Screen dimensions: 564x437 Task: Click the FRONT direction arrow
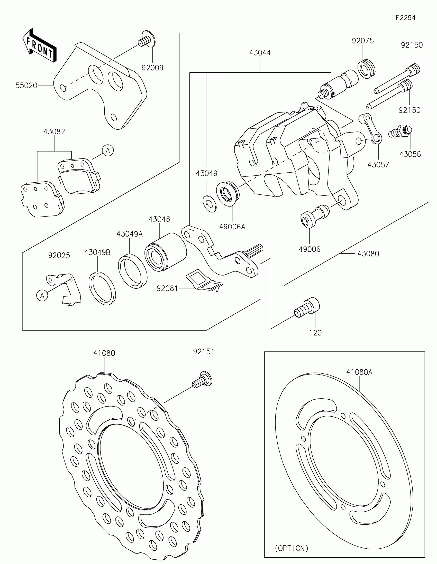(40, 46)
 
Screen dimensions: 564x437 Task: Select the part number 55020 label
(26, 86)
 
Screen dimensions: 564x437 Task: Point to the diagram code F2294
(405, 18)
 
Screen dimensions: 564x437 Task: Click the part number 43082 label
(54, 132)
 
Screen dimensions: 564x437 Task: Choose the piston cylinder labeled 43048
(165, 252)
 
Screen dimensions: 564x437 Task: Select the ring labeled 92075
(367, 69)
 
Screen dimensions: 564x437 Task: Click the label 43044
(260, 53)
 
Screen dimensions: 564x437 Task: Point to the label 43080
(368, 254)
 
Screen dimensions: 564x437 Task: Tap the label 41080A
(359, 372)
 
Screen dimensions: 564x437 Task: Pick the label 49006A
(232, 227)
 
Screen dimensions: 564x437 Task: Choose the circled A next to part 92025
(42, 295)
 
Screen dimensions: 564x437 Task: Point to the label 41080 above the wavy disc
(104, 353)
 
